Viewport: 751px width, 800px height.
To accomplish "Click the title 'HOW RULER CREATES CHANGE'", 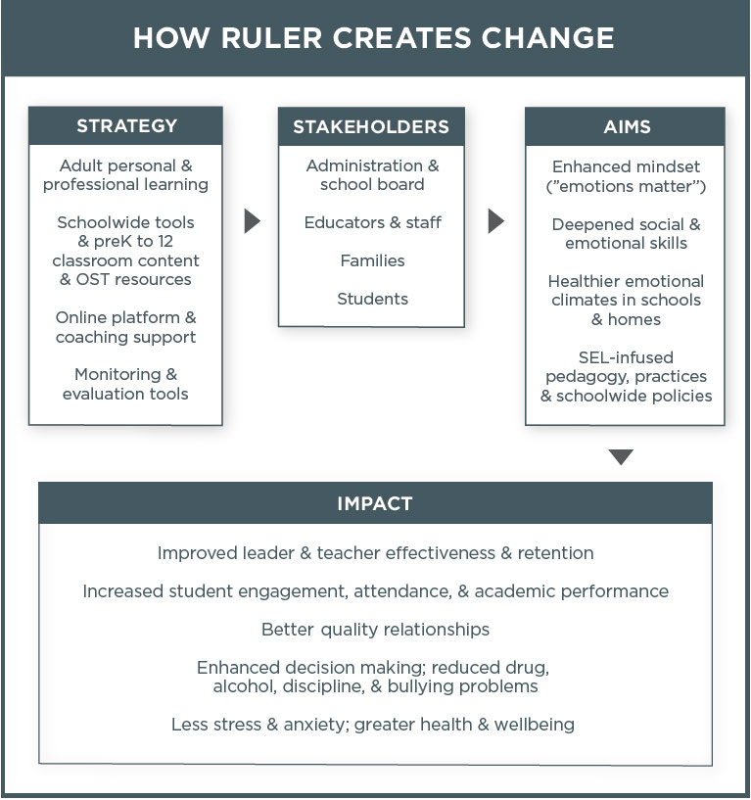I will [374, 38].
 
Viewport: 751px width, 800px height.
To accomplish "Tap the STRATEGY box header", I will [126, 125].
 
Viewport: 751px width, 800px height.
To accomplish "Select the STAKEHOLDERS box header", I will [371, 126].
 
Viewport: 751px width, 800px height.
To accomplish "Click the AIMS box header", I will [626, 126].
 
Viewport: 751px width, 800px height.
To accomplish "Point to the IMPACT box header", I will [375, 503].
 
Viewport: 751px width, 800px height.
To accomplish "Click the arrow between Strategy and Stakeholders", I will [252, 221].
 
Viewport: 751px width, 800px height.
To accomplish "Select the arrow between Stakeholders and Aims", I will [495, 221].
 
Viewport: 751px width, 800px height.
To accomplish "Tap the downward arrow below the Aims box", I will [621, 456].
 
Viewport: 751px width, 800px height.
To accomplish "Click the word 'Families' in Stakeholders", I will [372, 260].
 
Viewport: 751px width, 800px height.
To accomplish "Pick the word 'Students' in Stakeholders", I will [372, 299].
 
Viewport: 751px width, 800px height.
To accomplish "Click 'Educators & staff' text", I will [372, 222].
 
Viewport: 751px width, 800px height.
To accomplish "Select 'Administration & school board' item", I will [372, 175].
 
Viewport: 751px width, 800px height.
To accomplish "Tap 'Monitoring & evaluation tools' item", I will [125, 384].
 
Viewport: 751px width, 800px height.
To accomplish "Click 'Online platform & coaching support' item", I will [125, 327].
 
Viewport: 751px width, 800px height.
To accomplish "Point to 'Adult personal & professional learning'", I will [125, 175].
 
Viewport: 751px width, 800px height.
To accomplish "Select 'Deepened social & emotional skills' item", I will [626, 233].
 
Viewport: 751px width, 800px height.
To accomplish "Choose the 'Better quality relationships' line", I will [375, 629].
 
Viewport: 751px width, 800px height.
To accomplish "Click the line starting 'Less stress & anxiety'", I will [372, 725].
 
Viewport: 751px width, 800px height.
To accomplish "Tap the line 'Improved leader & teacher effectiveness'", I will [375, 553].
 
